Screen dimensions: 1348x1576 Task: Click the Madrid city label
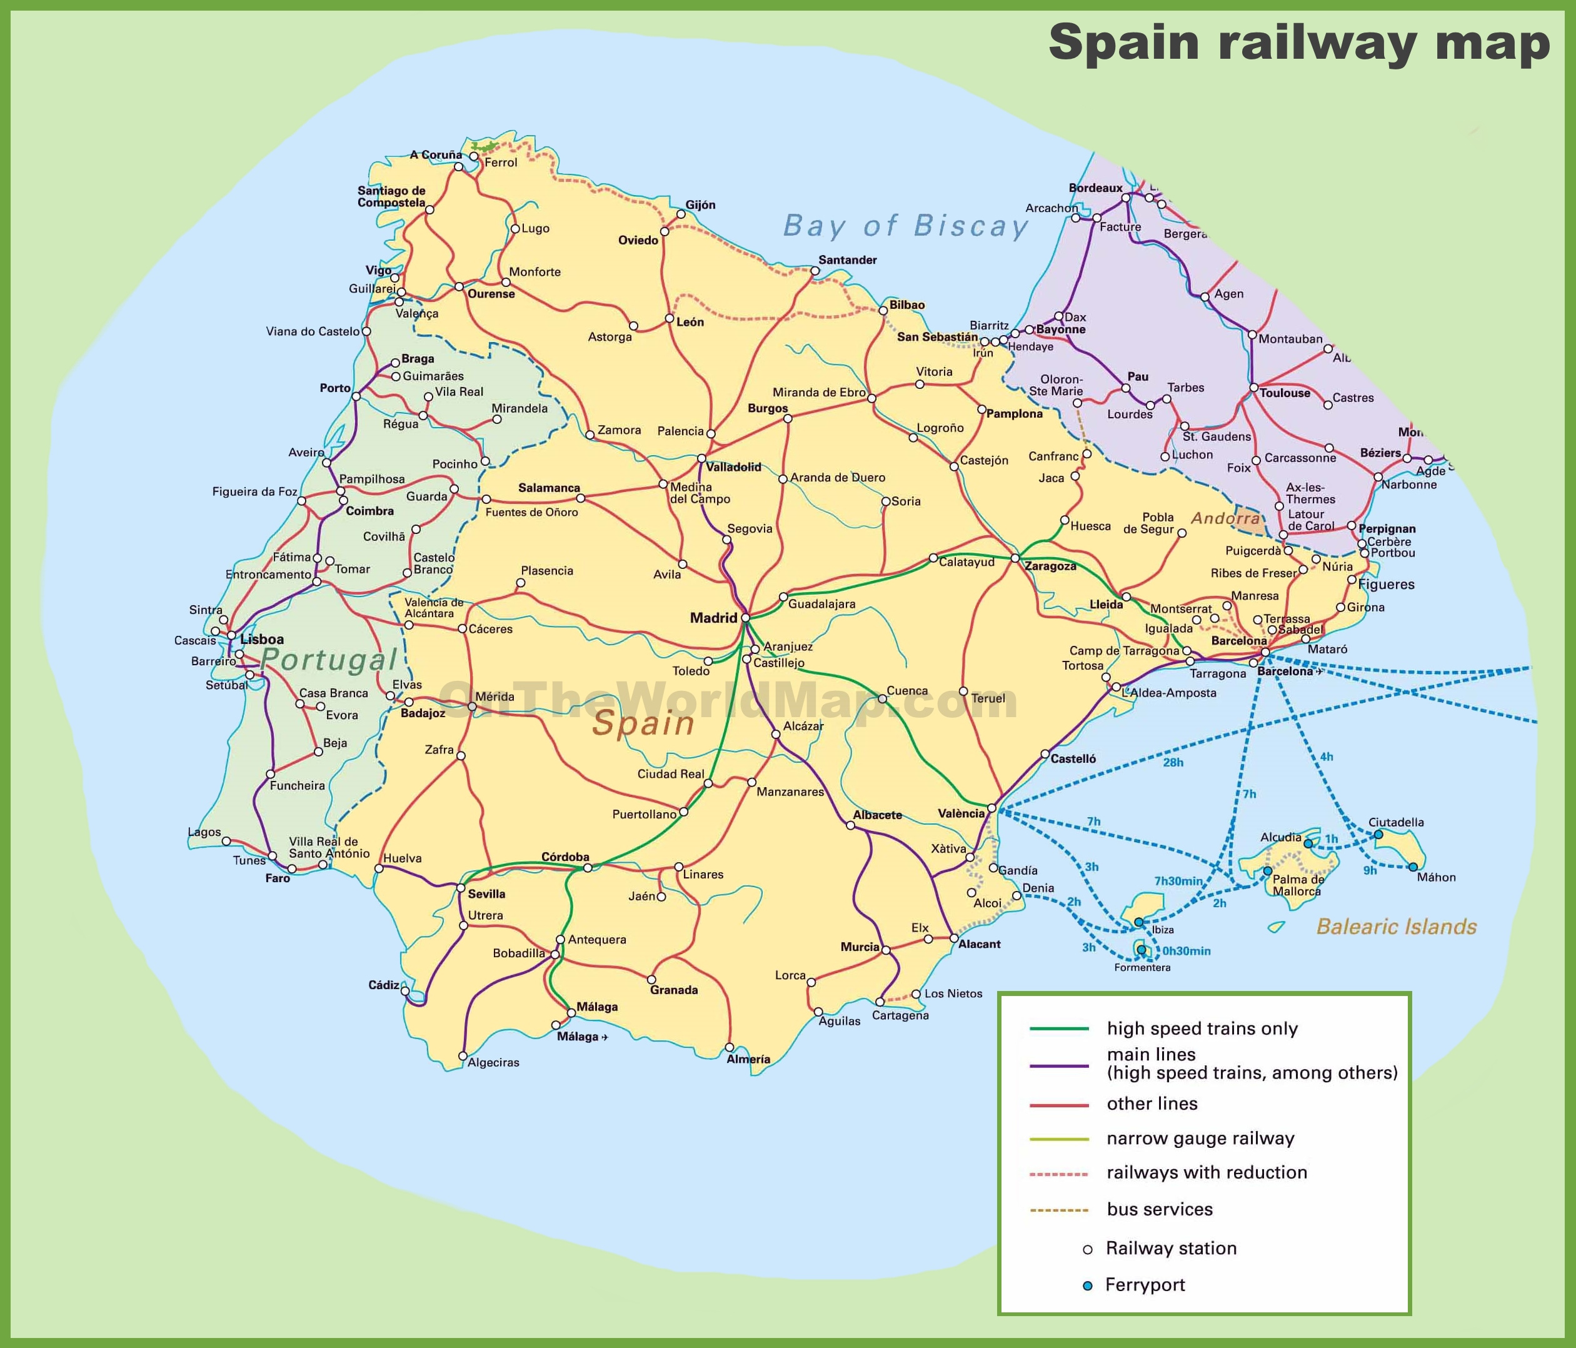coord(713,618)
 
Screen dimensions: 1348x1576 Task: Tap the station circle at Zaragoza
coord(1015,558)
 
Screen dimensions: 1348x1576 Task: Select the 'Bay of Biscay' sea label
coord(905,226)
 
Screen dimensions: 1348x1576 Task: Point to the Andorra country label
coord(1225,518)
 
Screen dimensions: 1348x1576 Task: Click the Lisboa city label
coord(262,639)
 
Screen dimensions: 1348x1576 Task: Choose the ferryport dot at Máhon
coord(1412,867)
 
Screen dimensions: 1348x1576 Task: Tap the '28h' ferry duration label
coord(1173,762)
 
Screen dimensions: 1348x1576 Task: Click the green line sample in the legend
coord(1059,1029)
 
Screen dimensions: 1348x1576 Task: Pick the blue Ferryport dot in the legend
coord(1088,1285)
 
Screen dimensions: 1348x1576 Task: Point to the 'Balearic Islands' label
coord(1397,927)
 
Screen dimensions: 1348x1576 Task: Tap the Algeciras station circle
coord(463,1056)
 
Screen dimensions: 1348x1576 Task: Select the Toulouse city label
coord(1285,393)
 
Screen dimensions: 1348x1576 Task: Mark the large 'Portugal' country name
coord(329,660)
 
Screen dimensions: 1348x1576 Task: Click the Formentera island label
coord(1142,968)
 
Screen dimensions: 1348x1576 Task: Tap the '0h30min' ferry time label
coord(1186,951)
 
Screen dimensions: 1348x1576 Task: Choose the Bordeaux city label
coord(1095,188)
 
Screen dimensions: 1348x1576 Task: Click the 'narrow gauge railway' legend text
coord(1200,1138)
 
